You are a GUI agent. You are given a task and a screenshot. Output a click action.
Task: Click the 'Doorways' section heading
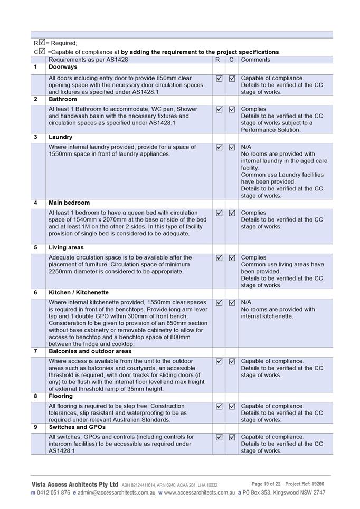pos(63,68)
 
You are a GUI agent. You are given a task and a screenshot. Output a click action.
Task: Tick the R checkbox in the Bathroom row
pos(219,110)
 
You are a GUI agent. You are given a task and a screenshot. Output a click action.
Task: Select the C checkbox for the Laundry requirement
pos(232,148)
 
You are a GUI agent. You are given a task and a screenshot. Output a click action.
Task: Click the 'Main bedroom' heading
pos(69,203)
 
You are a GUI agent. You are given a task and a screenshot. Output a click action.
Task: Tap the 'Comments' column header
pos(255,60)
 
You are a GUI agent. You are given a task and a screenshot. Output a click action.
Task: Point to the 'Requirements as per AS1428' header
pos(88,60)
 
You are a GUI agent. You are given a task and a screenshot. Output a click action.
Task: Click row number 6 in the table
pos(36,293)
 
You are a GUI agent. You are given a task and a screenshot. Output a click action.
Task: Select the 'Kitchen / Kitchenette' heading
pos(79,293)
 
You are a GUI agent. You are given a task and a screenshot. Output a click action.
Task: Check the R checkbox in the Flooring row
pos(219,407)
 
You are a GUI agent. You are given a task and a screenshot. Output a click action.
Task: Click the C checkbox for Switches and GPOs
pos(232,437)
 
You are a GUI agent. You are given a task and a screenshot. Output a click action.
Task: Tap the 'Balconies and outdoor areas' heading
pos(90,351)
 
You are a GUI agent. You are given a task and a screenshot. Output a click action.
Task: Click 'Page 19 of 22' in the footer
pos(266,484)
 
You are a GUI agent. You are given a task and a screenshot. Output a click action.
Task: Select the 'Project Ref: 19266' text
pos(305,484)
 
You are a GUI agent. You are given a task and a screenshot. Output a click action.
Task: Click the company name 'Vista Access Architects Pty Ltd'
pos(74,484)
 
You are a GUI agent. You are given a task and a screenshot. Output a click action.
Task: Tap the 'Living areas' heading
pos(66,248)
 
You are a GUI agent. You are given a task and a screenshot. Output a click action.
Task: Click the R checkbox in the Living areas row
pos(219,258)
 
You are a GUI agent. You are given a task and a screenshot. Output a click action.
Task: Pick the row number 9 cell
pos(36,427)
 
